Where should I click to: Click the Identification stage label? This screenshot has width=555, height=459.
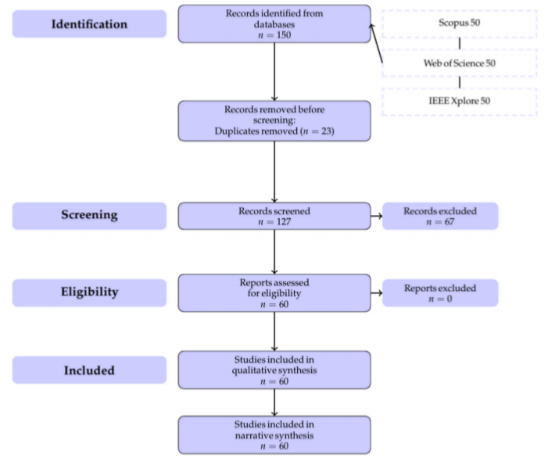click(89, 23)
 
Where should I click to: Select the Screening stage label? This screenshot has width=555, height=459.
click(89, 216)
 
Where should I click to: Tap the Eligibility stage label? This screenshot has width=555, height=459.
click(89, 292)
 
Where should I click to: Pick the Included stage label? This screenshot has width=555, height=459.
click(89, 370)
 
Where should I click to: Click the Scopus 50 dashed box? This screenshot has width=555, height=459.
click(460, 23)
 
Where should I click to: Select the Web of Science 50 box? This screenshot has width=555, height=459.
click(460, 63)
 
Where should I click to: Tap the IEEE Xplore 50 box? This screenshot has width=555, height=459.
click(460, 102)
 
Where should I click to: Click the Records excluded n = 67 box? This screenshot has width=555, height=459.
click(440, 216)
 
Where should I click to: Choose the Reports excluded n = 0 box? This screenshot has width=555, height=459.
click(440, 292)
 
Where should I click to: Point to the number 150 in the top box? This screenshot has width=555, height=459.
click(284, 35)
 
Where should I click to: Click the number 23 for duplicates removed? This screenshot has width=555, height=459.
click(326, 131)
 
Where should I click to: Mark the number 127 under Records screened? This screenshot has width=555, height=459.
click(284, 222)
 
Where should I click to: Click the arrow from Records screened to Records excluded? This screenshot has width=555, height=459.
click(377, 216)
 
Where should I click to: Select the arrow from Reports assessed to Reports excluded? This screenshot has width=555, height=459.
click(377, 292)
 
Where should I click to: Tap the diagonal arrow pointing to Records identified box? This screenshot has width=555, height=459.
click(377, 43)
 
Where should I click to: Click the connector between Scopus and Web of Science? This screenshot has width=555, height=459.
click(460, 43)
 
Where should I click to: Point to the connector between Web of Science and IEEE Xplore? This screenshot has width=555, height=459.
click(460, 82)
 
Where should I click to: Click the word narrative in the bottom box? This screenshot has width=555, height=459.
click(252, 436)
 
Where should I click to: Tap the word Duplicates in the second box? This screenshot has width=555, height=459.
click(238, 131)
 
